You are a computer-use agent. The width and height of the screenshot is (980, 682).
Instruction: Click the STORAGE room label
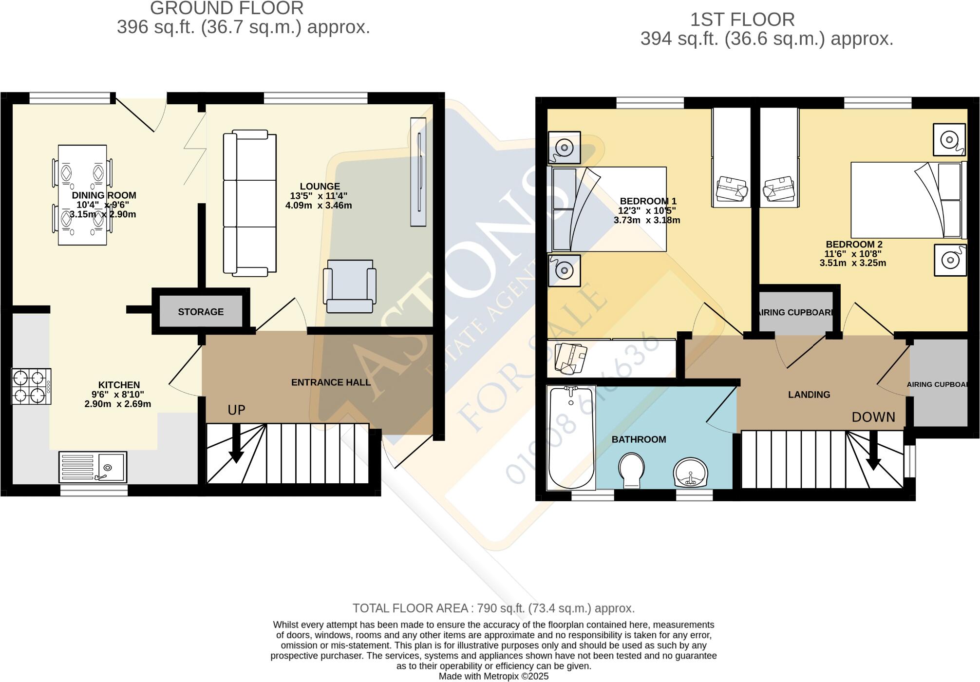tap(201, 312)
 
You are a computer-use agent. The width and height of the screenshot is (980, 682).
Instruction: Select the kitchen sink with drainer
tap(93, 467)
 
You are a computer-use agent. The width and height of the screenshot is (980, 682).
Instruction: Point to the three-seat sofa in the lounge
tap(249, 203)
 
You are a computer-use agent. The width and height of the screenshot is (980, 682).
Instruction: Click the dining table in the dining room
tap(82, 195)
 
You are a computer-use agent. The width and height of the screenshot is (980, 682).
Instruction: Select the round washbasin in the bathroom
tap(691, 472)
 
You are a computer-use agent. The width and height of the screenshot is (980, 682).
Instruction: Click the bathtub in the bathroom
tap(571, 437)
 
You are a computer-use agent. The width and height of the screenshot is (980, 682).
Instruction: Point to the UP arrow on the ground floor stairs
tap(236, 443)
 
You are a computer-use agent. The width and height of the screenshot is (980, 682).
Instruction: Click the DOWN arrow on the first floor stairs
tap(873, 451)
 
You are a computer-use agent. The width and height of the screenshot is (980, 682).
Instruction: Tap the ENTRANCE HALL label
tap(331, 383)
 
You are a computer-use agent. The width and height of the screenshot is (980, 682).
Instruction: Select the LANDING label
tap(809, 395)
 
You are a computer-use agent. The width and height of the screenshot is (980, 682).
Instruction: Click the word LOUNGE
tap(320, 187)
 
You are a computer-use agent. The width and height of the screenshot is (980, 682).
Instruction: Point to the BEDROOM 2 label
tap(854, 245)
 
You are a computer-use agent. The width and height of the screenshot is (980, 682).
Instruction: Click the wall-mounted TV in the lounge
tap(418, 172)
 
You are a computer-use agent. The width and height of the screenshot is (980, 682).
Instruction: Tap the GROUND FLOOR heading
tap(226, 8)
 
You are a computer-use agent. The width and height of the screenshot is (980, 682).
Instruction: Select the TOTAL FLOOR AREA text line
tap(493, 608)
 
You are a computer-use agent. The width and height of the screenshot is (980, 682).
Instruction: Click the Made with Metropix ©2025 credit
tap(493, 676)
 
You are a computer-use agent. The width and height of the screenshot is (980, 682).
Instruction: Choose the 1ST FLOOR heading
tap(742, 20)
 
